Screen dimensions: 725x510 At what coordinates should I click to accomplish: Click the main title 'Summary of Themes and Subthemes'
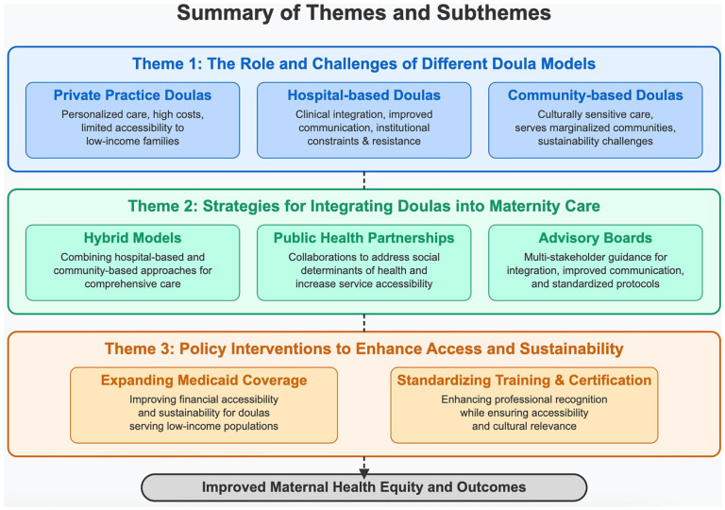click(363, 13)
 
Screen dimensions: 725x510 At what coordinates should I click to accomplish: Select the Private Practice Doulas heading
click(133, 94)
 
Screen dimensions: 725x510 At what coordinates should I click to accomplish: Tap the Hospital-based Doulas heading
click(363, 94)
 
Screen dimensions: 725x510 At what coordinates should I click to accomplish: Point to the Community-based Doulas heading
click(596, 94)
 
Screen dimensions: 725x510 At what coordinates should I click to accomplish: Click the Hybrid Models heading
click(133, 238)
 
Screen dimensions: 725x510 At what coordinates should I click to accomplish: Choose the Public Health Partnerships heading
click(363, 238)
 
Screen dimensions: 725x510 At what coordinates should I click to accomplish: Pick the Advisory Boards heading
click(596, 238)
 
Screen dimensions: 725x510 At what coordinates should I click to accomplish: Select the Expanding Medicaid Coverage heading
click(204, 380)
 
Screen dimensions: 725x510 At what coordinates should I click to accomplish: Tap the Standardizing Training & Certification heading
click(524, 380)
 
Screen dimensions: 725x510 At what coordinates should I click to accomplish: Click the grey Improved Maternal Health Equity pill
click(363, 487)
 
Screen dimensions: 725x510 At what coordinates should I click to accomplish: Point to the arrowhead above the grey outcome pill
click(363, 473)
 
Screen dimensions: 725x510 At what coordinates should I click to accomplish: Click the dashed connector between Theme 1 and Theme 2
click(363, 180)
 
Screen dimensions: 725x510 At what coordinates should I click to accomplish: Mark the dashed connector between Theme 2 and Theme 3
click(363, 323)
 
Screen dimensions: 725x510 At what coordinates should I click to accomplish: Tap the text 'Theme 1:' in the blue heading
click(167, 63)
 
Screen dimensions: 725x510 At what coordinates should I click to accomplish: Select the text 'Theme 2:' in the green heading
click(163, 206)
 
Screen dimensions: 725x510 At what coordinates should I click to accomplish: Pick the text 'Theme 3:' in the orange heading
click(140, 348)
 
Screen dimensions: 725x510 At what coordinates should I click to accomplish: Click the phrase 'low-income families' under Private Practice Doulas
click(133, 141)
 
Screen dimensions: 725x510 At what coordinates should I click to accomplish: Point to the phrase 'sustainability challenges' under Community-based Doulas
click(596, 141)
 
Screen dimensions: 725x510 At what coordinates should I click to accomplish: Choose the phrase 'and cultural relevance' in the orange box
click(524, 426)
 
